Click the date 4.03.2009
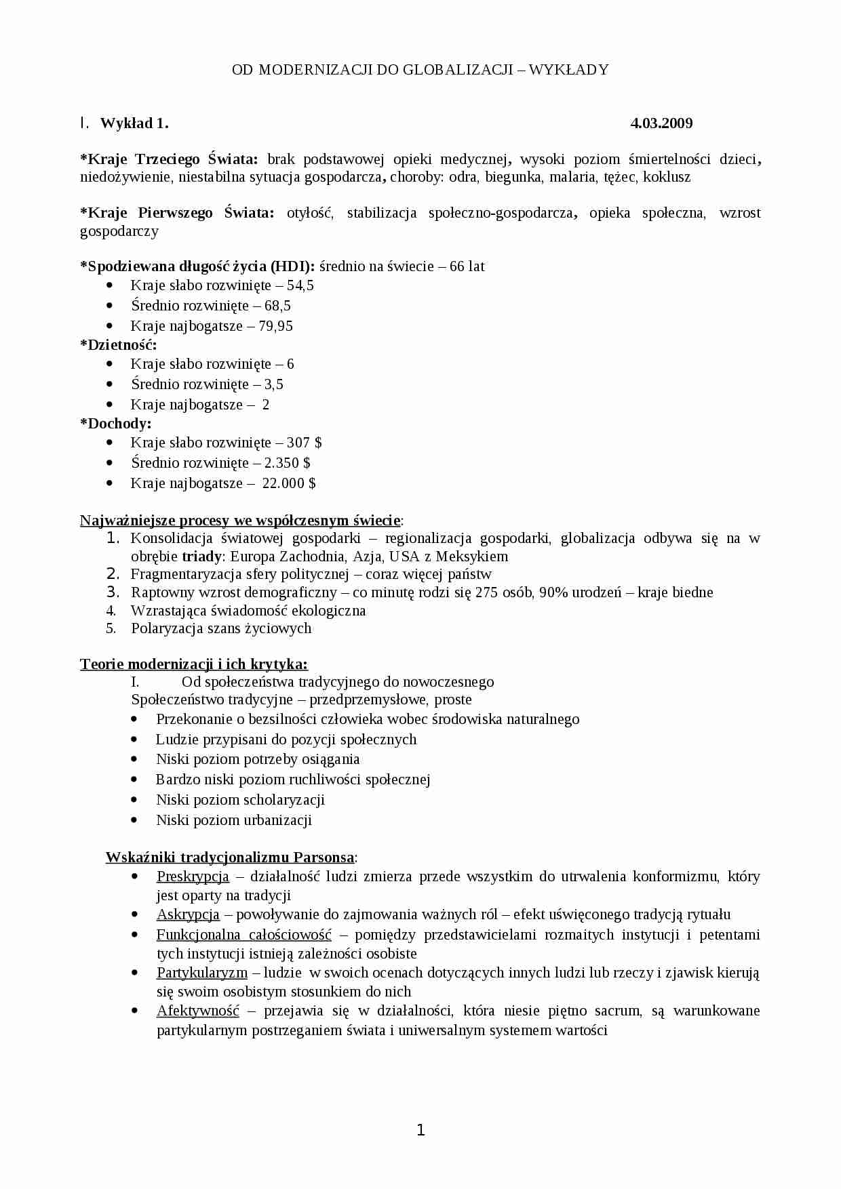pos(661,123)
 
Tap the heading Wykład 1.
pos(134,123)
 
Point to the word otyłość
pos(310,213)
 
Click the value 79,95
pos(275,326)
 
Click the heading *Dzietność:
pos(119,345)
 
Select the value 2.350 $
pos(288,463)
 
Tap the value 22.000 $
pos(289,483)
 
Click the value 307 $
pos(304,443)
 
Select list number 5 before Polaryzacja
pos(112,628)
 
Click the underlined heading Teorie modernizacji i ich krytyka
pos(194,664)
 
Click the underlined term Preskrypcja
pos(193,876)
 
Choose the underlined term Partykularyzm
pos(202,973)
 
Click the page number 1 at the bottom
pos(420,1130)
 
